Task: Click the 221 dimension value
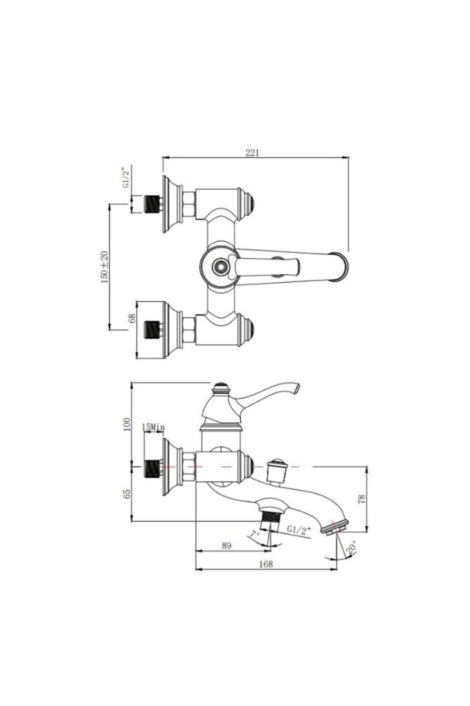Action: tap(252, 153)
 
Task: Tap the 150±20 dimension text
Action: tap(105, 267)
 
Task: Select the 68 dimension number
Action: tap(132, 318)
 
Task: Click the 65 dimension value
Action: tap(127, 494)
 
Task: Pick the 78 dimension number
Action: tap(362, 499)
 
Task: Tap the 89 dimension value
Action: tap(226, 546)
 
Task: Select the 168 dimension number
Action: tap(266, 564)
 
